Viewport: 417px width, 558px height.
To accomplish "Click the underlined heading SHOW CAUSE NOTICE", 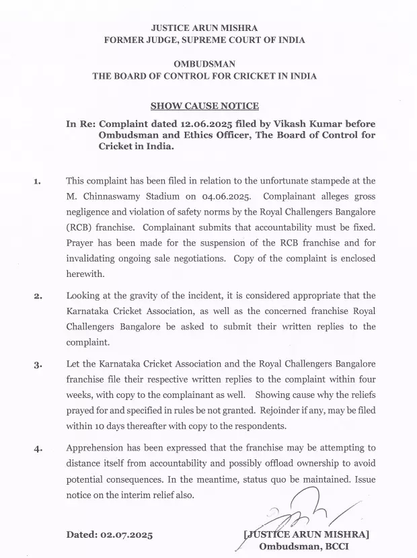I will [x=204, y=106].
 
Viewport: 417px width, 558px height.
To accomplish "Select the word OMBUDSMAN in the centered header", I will [x=204, y=64].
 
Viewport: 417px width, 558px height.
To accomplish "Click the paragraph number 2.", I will [x=37, y=295].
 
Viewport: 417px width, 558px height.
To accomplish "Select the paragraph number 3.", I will [x=37, y=365].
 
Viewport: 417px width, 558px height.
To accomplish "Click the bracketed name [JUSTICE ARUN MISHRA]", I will [x=306, y=534].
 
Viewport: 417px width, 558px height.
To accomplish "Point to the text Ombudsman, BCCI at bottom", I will [x=303, y=547].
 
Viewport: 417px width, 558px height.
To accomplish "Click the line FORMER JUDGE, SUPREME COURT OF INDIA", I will [x=204, y=40].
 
